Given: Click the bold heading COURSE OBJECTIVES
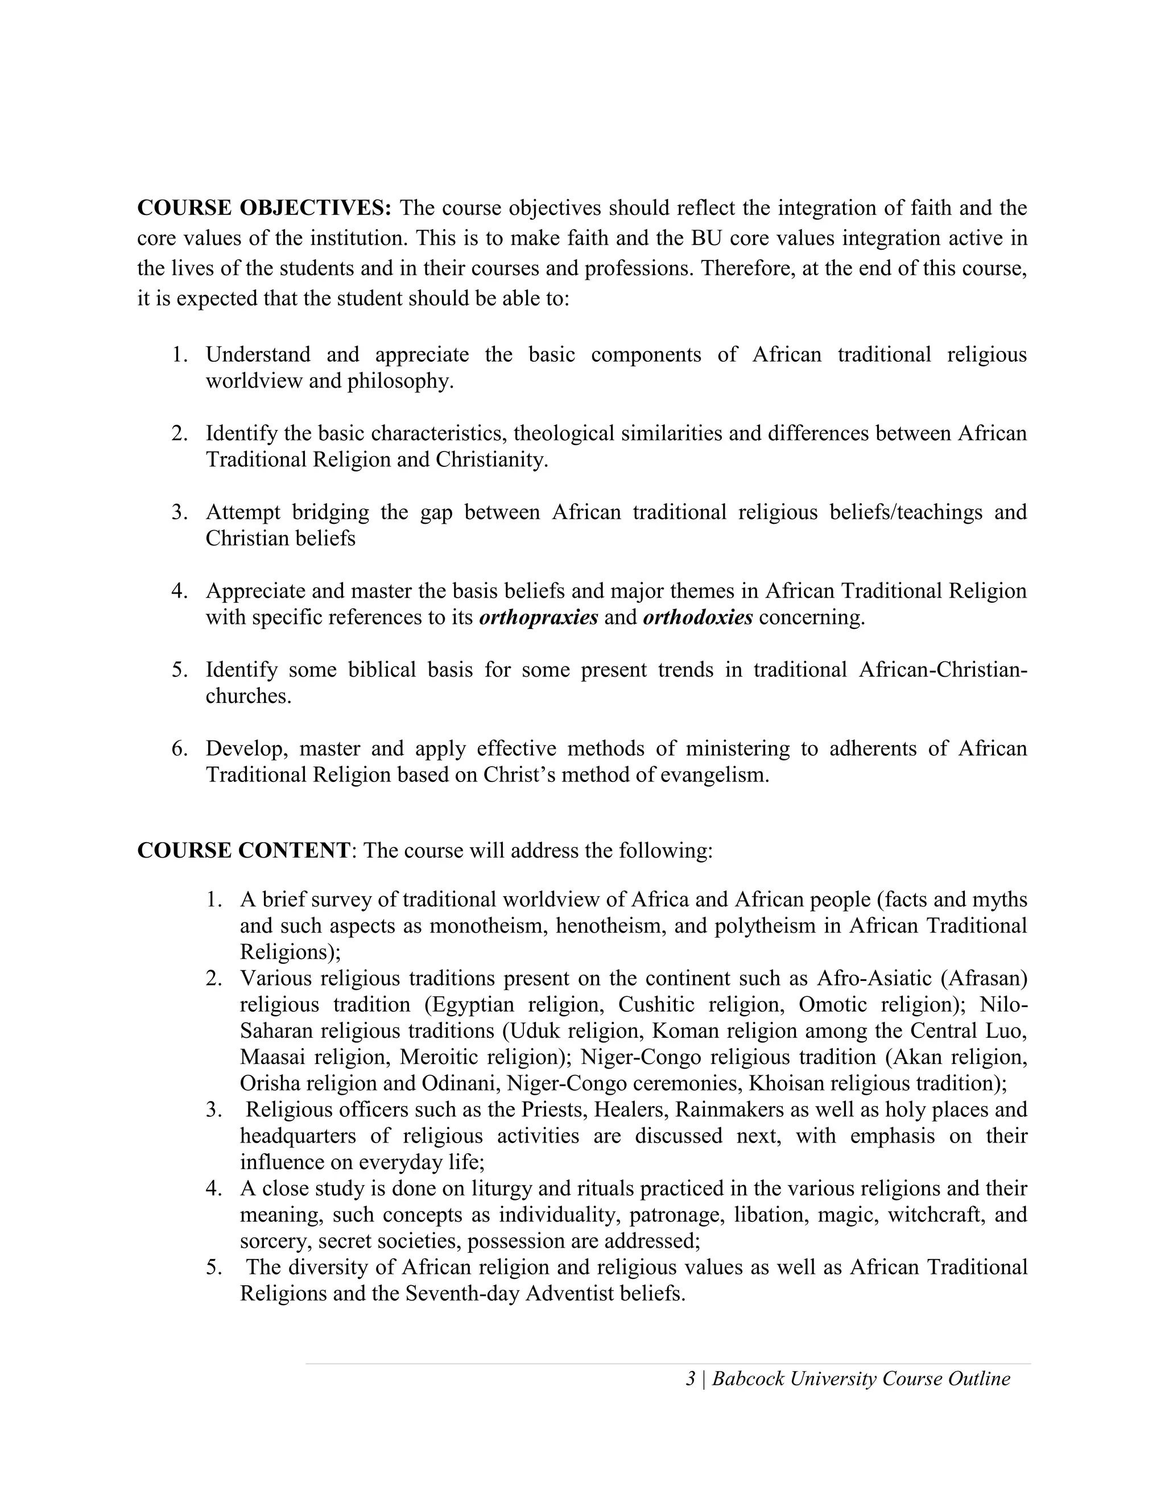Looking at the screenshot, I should (265, 208).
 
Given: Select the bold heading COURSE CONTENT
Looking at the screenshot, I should (243, 850).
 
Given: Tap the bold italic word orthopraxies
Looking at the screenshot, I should (538, 617).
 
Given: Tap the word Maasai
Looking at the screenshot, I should (271, 1057).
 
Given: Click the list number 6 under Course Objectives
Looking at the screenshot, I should (179, 749).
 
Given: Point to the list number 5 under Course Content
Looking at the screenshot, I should (213, 1267).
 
